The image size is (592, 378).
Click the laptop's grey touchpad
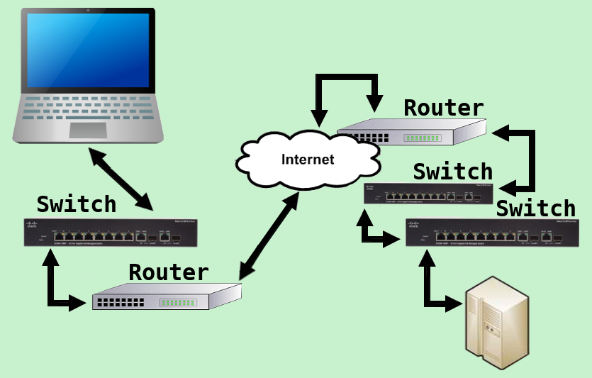(88, 130)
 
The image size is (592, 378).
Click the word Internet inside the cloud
(308, 159)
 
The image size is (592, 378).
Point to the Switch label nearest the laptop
(77, 204)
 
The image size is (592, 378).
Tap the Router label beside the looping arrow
(444, 108)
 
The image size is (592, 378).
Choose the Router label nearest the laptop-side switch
(169, 272)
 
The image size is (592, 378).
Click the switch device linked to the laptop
(110, 233)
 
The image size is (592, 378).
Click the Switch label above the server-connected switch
(536, 209)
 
